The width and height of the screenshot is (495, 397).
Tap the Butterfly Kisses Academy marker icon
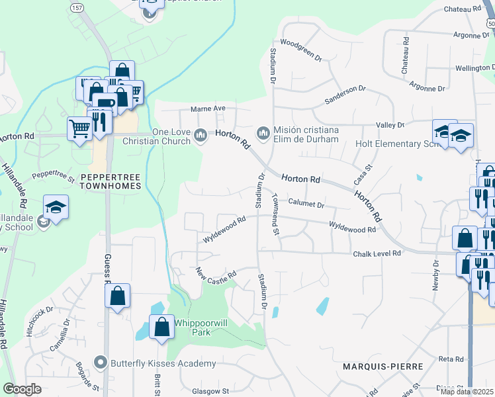pos(101,363)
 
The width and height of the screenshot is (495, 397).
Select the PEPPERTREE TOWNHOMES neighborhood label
pos(111,181)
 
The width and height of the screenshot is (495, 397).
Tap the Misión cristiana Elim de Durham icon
pos(263,134)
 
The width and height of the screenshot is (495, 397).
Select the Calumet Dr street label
pos(306,204)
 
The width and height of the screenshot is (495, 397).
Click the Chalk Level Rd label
pos(377,253)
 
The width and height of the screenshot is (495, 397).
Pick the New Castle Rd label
pos(216,272)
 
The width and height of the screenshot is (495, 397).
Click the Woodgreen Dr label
pos(300,51)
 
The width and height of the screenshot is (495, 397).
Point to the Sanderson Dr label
pos(344,94)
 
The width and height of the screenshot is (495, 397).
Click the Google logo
pos(22,389)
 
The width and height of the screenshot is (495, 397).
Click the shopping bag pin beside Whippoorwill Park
pos(162,327)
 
